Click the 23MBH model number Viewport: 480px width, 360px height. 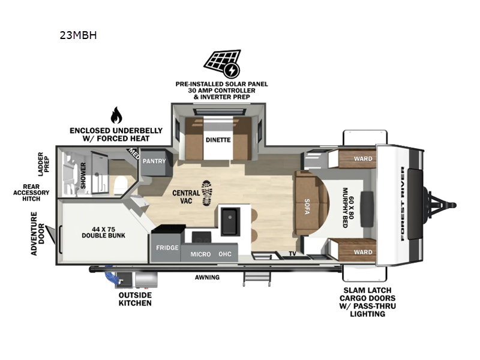point(78,35)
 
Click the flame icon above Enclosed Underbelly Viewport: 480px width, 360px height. point(116,115)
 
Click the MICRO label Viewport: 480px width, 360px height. point(200,254)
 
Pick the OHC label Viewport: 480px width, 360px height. point(225,254)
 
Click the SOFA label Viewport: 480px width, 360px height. point(307,203)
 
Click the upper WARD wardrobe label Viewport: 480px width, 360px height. point(362,159)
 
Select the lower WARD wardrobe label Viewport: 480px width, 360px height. point(362,253)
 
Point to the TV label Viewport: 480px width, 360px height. point(293,254)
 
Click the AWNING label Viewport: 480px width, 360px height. point(206,277)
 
